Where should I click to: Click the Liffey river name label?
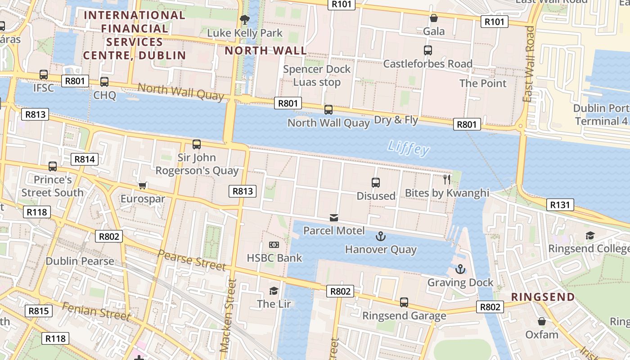(x=408, y=148)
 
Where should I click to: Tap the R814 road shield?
(x=85, y=159)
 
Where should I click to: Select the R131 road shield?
(x=560, y=205)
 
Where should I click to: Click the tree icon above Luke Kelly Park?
(x=245, y=19)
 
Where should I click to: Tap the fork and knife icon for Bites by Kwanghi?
(x=447, y=180)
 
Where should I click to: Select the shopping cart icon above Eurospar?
(x=143, y=185)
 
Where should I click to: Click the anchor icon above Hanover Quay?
(x=381, y=236)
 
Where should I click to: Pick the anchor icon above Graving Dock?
(x=460, y=269)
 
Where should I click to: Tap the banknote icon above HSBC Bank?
(x=274, y=245)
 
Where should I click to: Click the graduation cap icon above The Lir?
(x=274, y=290)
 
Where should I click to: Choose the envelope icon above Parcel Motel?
(x=333, y=218)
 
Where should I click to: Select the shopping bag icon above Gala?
(x=434, y=18)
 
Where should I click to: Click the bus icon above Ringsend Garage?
(x=404, y=302)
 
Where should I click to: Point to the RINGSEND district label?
(x=543, y=297)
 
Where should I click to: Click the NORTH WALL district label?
(x=265, y=50)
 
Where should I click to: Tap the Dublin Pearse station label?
(x=80, y=261)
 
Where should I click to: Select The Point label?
(x=483, y=83)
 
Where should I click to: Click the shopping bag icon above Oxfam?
(x=542, y=321)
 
